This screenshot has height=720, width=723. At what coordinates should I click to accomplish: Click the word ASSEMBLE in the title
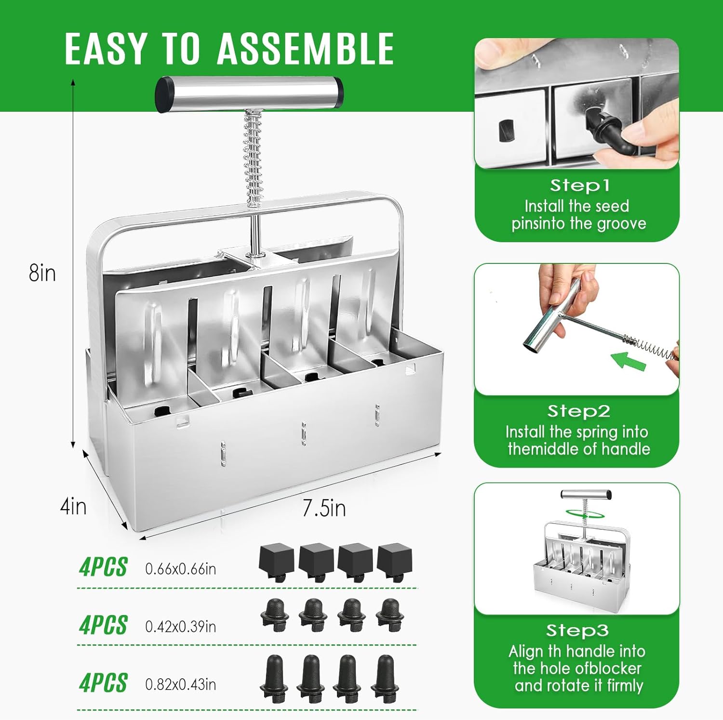pos(306,49)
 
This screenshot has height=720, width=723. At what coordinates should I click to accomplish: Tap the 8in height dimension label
pos(42,273)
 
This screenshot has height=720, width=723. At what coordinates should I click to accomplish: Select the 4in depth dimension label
pos(73,507)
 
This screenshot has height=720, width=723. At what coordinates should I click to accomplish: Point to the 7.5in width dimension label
pos(324,509)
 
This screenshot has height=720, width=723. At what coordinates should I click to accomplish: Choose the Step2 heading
pos(578,411)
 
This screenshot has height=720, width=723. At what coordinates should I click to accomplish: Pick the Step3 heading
pos(577,630)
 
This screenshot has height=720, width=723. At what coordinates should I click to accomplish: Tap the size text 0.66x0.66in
pos(180,569)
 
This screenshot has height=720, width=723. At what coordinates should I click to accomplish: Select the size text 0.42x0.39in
pos(180,627)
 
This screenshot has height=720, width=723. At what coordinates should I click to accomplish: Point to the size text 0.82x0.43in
pos(180,684)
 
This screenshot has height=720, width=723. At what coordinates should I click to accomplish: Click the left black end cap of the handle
pos(164,95)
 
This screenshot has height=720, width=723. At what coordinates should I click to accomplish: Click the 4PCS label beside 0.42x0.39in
pos(103,625)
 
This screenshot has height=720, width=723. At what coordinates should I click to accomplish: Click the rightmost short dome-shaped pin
pos(389,615)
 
